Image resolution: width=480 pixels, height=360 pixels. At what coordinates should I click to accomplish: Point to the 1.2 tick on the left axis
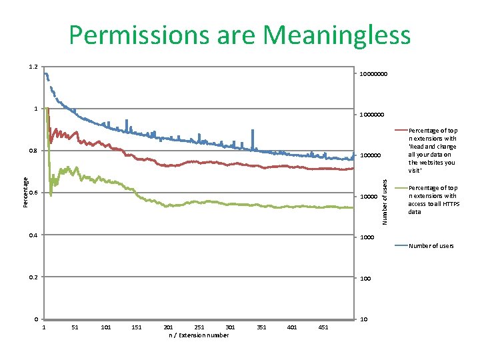pyautogui.click(x=33, y=67)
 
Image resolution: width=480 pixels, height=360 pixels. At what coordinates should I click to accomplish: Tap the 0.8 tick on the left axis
pyautogui.click(x=33, y=151)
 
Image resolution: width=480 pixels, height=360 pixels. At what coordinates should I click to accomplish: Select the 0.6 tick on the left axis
pyautogui.click(x=33, y=193)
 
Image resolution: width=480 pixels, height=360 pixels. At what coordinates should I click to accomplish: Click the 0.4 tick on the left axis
pyautogui.click(x=33, y=235)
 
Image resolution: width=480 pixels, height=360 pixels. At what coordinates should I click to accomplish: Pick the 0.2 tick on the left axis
pyautogui.click(x=33, y=277)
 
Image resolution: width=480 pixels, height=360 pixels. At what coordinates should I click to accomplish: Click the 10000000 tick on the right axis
pyautogui.click(x=373, y=73)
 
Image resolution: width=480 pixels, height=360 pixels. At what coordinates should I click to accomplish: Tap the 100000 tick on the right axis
pyautogui.click(x=370, y=155)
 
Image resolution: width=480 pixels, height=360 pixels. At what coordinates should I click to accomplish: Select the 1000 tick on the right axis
pyautogui.click(x=366, y=237)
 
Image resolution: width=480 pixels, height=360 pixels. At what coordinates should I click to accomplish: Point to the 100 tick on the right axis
pyautogui.click(x=365, y=278)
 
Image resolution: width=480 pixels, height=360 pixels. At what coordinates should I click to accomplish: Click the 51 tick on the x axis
pyautogui.click(x=75, y=327)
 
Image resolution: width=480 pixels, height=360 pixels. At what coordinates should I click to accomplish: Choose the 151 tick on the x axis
pyautogui.click(x=137, y=327)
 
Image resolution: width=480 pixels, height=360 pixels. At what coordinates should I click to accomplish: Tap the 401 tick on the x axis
pyautogui.click(x=292, y=327)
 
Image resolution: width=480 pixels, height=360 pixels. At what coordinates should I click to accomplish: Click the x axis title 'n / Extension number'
pyautogui.click(x=199, y=335)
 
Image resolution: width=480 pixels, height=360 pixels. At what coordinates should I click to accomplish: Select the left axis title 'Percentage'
pyautogui.click(x=26, y=191)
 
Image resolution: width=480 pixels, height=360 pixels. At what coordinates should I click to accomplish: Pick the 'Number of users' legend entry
pyautogui.click(x=431, y=246)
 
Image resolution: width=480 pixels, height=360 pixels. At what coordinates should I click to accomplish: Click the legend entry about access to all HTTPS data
pyautogui.click(x=432, y=200)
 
